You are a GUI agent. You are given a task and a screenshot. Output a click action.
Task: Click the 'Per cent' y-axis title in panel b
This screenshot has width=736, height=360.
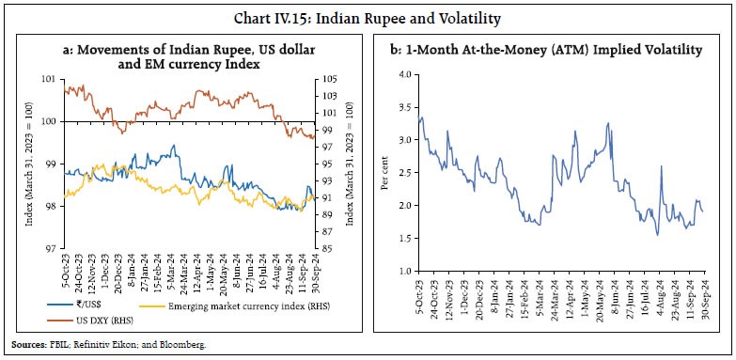click(384, 172)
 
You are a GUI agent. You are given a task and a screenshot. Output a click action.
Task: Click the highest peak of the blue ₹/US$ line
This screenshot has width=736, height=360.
click(173, 146)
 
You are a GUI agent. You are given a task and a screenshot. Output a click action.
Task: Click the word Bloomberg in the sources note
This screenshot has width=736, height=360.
click(183, 346)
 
